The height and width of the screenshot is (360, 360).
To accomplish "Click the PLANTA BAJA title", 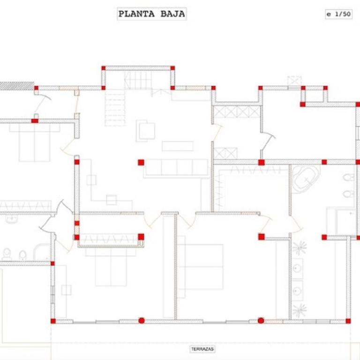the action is pos(151,14).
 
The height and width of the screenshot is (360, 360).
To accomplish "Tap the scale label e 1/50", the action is pos(338,14).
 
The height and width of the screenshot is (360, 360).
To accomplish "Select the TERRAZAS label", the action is pos(202,349).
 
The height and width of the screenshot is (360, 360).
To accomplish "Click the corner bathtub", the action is pos(306,179).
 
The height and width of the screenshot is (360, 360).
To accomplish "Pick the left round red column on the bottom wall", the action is pos(142,321).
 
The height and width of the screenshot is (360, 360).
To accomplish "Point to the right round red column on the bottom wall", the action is pos(261,321).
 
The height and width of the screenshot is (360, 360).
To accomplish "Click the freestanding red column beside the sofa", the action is pos(141,162).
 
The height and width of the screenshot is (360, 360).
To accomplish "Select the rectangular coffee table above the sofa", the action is pos(178,146).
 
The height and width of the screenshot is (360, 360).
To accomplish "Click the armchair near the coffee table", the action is pos(145,131).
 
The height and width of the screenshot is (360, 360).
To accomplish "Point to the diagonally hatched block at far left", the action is pos(17,86).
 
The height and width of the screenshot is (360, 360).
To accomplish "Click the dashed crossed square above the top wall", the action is pos(294,81).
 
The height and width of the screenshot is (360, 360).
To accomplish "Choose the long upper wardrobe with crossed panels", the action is pos(236,112).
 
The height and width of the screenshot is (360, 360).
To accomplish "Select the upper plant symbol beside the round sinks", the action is pos(299,248).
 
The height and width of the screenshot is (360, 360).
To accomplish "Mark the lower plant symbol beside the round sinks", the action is pos(299,310).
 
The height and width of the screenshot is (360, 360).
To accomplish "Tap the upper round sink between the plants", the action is pos(297,268).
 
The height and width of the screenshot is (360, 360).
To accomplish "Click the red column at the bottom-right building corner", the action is pos(348,321).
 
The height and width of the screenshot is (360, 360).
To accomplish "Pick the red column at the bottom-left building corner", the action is pos(53,321).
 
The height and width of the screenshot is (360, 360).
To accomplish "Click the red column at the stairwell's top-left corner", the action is pos(103,68).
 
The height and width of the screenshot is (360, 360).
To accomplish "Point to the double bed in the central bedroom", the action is pos(200,267).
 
